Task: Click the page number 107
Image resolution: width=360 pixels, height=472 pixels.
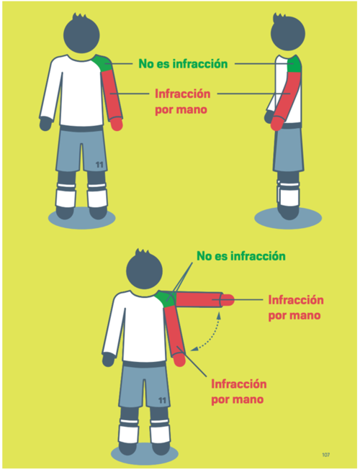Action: tap(325, 455)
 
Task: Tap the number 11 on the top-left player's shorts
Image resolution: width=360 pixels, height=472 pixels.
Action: tap(99, 165)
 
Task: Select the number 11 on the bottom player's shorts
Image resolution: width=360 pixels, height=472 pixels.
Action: tap(163, 400)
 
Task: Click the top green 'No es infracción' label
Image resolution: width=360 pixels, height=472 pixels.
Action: tap(183, 64)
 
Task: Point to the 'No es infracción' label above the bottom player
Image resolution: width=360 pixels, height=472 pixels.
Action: tap(241, 256)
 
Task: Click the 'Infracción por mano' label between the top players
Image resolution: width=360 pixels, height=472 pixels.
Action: tap(183, 101)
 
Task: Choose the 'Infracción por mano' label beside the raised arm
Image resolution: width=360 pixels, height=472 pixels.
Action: tap(296, 308)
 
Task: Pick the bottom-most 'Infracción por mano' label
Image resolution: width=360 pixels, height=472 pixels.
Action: tap(239, 391)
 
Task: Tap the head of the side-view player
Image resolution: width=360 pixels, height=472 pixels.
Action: tap(287, 32)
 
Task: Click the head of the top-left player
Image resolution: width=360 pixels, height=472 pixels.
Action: tap(81, 34)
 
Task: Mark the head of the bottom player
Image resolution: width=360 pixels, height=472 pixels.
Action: tap(145, 270)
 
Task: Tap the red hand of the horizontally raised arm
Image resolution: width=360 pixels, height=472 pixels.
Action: tap(228, 300)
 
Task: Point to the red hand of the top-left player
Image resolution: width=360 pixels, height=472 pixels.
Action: tap(117, 124)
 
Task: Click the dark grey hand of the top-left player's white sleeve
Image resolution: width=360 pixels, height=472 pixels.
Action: tap(45, 124)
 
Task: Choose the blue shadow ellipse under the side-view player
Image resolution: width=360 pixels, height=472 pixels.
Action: tap(288, 217)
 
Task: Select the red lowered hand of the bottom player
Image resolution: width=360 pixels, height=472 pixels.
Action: tap(179, 360)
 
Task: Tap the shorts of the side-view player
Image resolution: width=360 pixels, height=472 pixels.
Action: tap(289, 150)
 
